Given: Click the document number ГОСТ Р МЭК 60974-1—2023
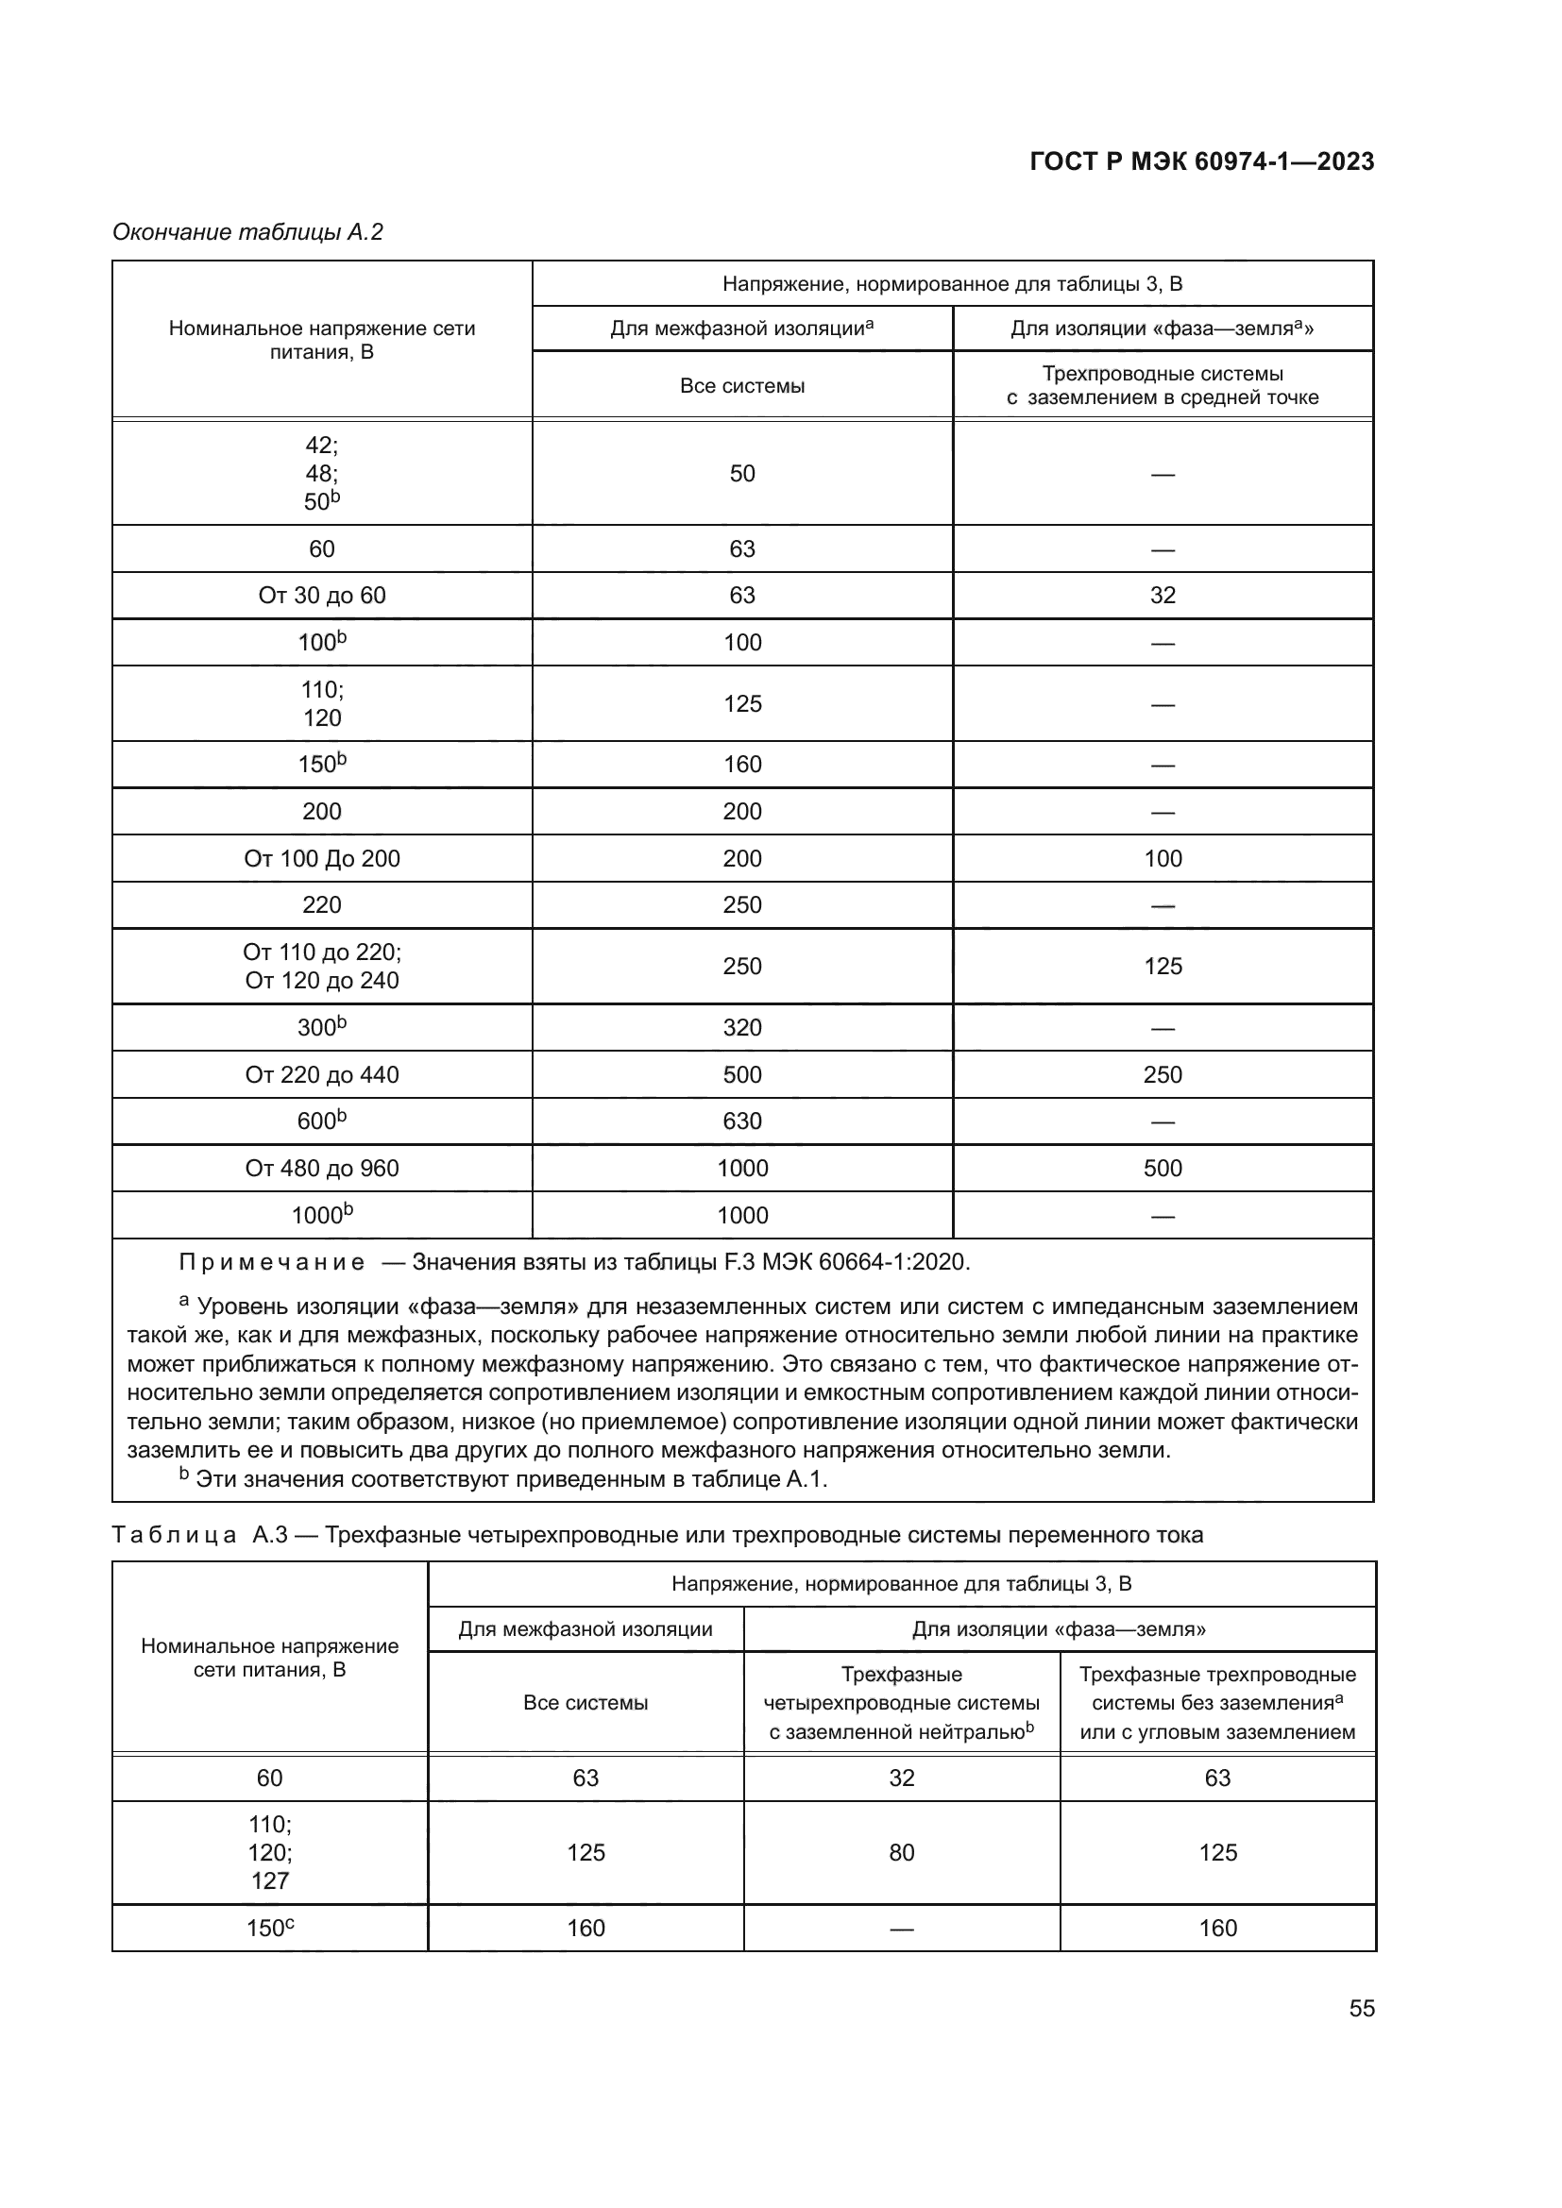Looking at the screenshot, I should click(1201, 161).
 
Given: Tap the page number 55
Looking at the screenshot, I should click(1361, 2008).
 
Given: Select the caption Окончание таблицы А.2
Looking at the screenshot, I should click(248, 232).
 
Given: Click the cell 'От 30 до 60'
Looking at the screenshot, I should click(321, 596).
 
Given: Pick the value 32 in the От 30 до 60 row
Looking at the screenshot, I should click(1162, 596).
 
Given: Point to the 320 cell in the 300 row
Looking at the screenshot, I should click(741, 1027).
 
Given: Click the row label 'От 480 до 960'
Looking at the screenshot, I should click(321, 1168).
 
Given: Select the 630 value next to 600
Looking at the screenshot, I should click(741, 1121).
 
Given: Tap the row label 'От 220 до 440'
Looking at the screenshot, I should click(321, 1074).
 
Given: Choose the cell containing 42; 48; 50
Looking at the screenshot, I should click(321, 473).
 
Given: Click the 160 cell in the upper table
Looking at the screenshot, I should click(741, 765).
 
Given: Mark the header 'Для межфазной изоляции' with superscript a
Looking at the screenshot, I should click(741, 329).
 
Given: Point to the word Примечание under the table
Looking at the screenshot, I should click(272, 1262).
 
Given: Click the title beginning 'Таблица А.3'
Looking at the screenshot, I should click(657, 1535).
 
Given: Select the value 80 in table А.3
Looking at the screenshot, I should click(901, 1852).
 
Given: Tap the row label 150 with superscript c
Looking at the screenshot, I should click(269, 1929).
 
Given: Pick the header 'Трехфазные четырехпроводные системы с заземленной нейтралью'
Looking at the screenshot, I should click(901, 1703).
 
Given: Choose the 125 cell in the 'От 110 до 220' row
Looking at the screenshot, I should click(1162, 967).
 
